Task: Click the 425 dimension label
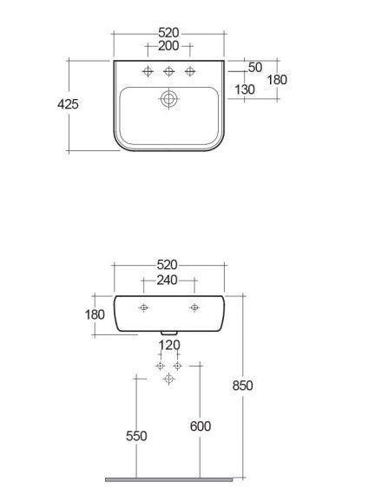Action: point(68,104)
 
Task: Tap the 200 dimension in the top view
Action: point(168,46)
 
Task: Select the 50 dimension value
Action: point(255,68)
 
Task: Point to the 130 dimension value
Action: point(245,89)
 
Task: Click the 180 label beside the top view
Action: point(277,80)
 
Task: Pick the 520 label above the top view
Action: point(168,33)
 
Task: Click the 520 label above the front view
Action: point(167,265)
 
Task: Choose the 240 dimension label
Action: point(167,281)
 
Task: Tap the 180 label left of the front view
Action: point(95,314)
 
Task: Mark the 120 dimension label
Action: point(169,346)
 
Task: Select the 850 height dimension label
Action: point(243,386)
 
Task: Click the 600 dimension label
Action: point(201,426)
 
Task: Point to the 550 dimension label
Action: point(136,436)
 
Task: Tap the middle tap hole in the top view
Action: point(169,71)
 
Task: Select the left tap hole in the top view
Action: point(148,71)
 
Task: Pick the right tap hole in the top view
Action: point(190,71)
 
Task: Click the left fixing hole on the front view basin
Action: point(143,307)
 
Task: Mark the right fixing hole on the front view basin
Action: point(194,307)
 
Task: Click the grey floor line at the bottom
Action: point(169,479)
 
